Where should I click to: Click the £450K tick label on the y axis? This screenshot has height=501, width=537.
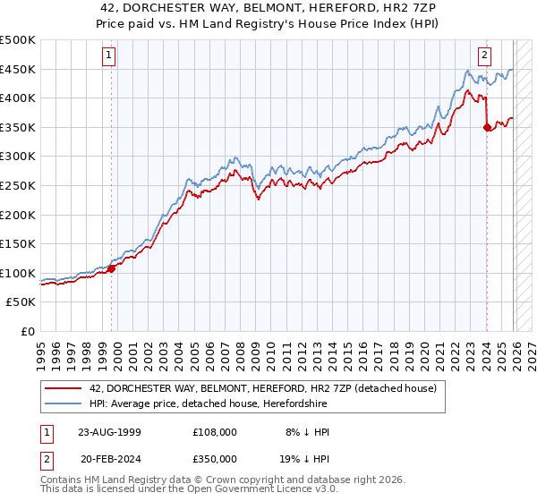click(18, 70)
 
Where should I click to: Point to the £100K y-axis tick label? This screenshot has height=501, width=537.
click(18, 273)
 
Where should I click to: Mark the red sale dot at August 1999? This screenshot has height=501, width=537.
click(112, 268)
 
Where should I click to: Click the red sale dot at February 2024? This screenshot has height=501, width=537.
click(487, 128)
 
